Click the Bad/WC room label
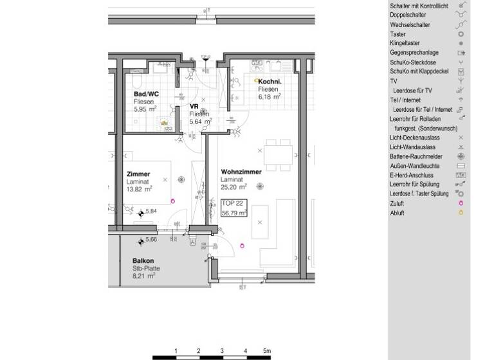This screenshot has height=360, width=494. [146, 94]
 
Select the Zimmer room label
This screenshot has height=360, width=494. [138, 174]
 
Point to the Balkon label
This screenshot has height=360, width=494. [143, 260]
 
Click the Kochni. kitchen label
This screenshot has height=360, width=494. [270, 82]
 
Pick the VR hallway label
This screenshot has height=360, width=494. [193, 106]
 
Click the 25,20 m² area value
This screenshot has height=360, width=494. [234, 188]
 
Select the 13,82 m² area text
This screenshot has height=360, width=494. [140, 190]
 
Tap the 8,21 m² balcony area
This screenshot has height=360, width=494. [144, 276]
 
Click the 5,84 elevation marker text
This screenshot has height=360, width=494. [152, 211]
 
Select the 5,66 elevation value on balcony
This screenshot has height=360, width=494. [152, 240]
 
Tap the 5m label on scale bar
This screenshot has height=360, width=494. [266, 351]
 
